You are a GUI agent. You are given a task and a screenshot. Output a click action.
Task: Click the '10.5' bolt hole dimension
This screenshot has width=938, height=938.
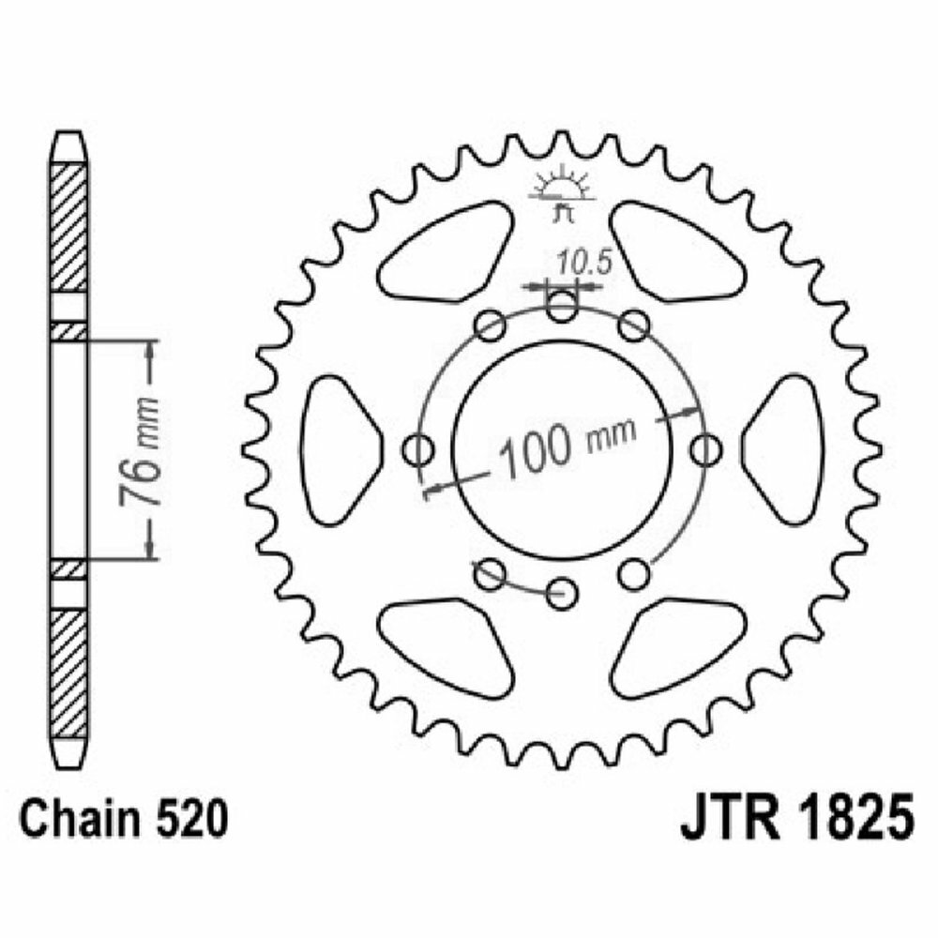tap(583, 261)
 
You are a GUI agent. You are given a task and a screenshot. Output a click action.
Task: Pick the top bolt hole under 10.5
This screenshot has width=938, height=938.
tap(562, 306)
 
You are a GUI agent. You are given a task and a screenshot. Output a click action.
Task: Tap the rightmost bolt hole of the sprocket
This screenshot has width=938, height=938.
tap(705, 449)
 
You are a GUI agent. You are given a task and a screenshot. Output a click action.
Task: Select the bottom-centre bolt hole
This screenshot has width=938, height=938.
tap(562, 590)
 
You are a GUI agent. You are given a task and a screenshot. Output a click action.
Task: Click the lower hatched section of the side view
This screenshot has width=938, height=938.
tap(68, 672)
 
